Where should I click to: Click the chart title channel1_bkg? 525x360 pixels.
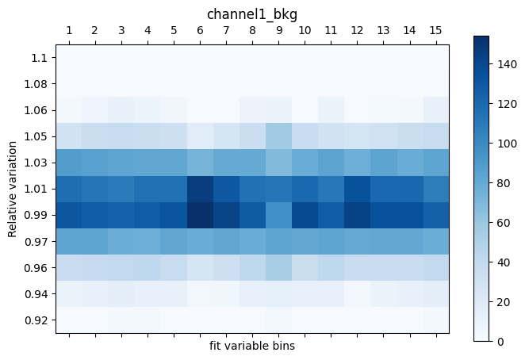(252, 14)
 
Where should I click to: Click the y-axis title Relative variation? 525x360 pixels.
(12, 189)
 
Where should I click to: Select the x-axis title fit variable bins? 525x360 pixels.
(252, 346)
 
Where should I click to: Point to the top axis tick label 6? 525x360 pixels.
(200, 30)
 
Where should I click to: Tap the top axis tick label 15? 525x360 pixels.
(435, 30)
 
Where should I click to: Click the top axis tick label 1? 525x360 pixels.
(69, 30)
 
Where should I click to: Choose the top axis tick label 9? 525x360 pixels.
(278, 30)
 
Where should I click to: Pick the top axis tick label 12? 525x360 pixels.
(357, 30)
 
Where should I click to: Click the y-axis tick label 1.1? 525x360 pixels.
(40, 58)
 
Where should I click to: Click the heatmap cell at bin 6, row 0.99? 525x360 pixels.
(200, 215)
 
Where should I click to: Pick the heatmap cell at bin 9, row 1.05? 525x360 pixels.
(278, 136)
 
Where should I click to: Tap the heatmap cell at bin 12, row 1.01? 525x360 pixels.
(357, 189)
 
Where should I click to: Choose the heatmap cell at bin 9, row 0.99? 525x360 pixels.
(278, 215)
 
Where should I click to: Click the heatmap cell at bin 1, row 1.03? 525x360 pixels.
(69, 163)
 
